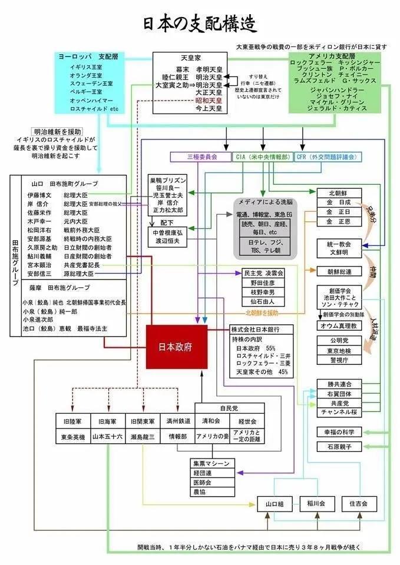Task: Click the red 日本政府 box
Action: (x=176, y=347)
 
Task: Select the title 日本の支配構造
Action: (x=200, y=24)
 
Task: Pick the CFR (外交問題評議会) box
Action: (x=328, y=157)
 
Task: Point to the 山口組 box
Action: (x=275, y=504)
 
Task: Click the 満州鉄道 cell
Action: (x=177, y=421)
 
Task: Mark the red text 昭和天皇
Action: (x=209, y=101)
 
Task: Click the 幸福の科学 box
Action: (x=342, y=431)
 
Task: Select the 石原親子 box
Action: (x=342, y=447)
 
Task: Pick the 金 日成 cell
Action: (x=342, y=202)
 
